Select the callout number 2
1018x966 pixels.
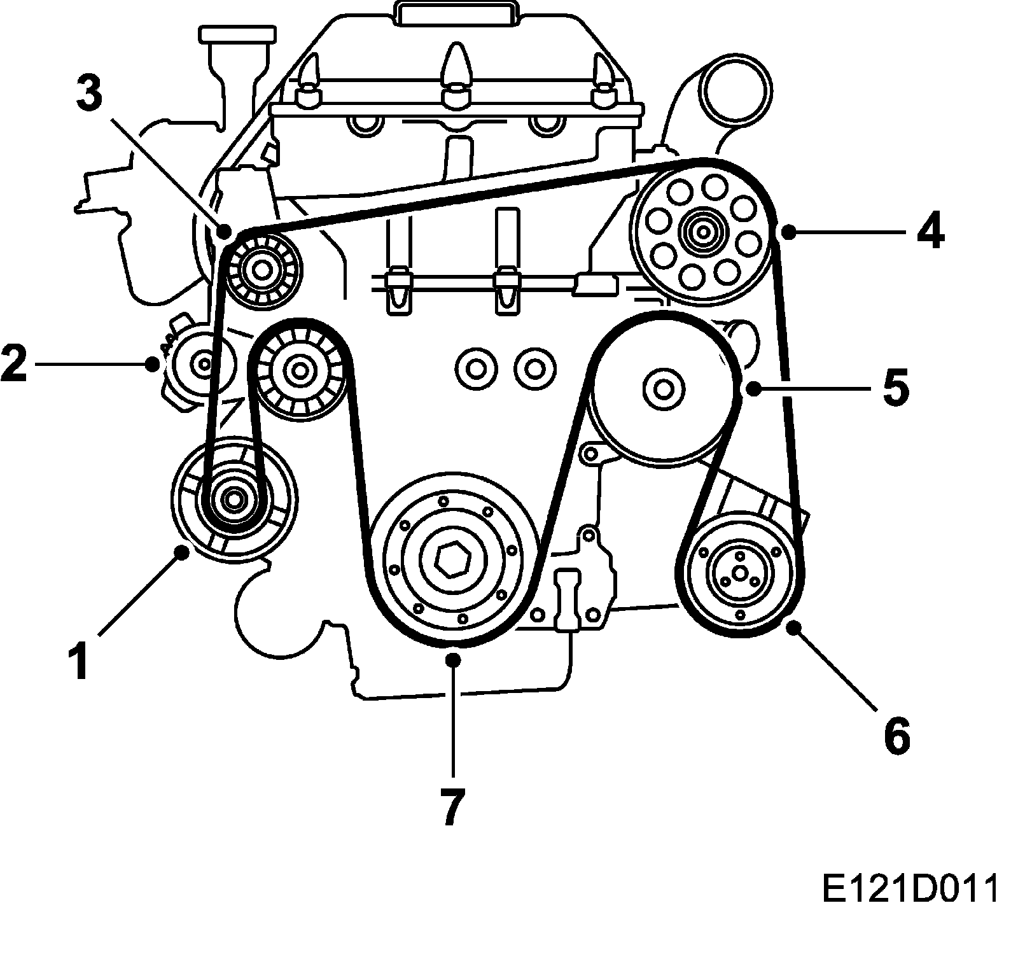pos(14,363)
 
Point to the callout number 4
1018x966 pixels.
pos(930,233)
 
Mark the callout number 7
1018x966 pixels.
pos(452,806)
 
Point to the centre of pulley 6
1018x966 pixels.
pos(739,573)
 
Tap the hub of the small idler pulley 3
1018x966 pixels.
pos(261,268)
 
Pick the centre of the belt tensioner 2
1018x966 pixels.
pos(204,364)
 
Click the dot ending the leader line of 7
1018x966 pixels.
pos(453,659)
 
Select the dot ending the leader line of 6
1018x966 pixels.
pos(793,628)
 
